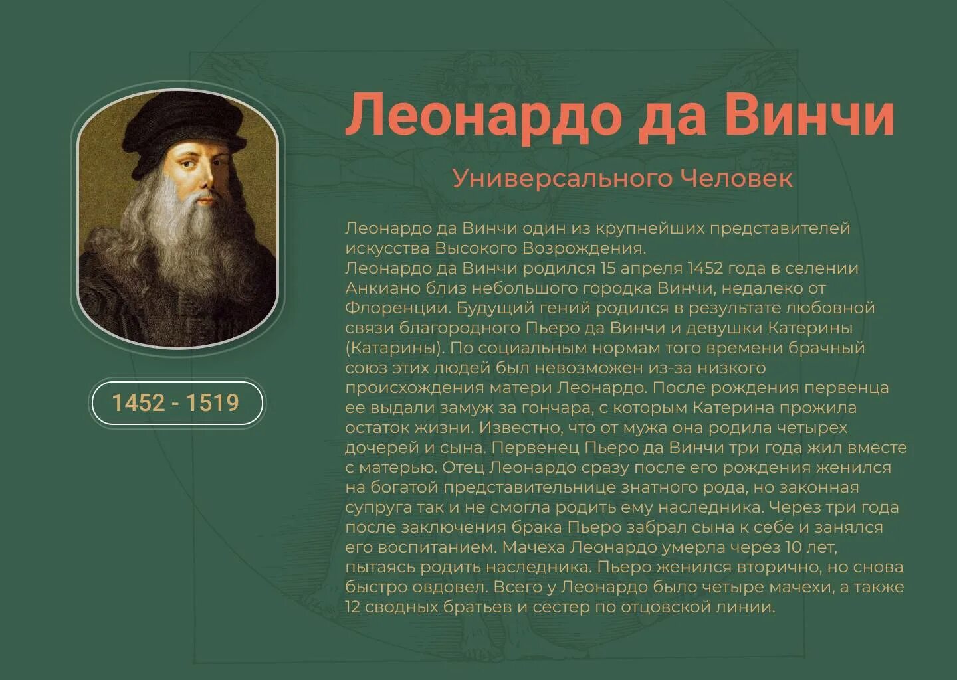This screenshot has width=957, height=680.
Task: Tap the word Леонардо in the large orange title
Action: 483,115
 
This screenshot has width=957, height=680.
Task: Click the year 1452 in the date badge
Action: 138,403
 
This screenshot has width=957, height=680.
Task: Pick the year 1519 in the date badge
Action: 212,403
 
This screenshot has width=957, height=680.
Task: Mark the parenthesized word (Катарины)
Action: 394,348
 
